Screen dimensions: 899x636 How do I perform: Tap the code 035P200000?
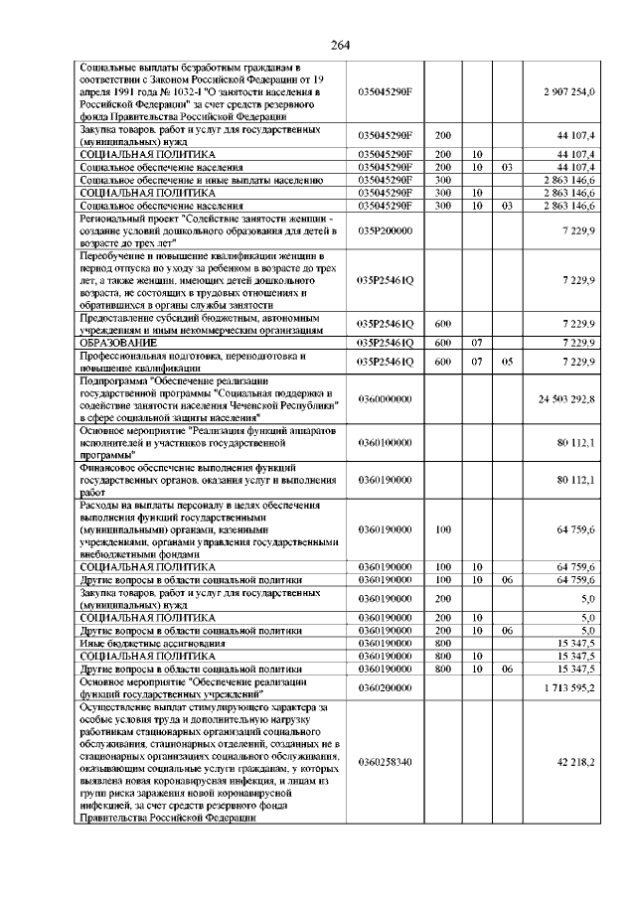click(x=385, y=229)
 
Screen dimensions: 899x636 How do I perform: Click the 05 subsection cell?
click(x=506, y=361)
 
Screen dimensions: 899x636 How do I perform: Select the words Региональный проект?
click(x=132, y=218)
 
